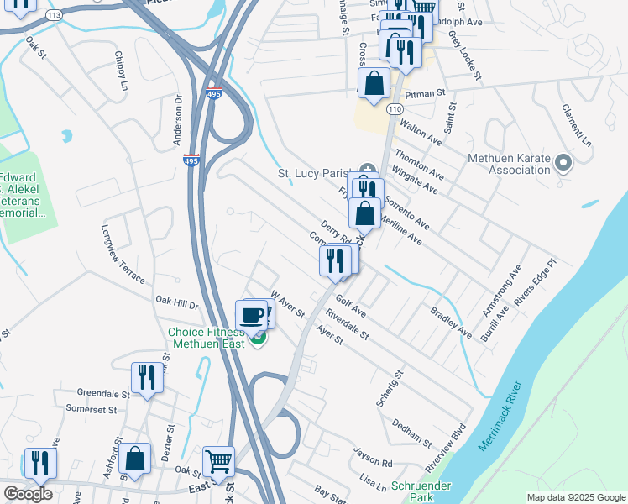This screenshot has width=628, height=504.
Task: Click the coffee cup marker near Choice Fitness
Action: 251,316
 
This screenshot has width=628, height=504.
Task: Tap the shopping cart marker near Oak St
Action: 218,460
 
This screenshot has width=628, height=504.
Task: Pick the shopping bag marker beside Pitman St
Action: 374,84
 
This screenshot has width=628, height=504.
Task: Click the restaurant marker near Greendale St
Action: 147,377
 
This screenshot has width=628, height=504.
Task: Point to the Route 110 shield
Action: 395,108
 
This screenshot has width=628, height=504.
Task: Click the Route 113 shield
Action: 54,15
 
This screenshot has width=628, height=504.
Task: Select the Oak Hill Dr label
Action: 176,301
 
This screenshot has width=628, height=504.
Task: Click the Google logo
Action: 27,494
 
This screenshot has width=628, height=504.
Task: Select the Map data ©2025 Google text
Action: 576,497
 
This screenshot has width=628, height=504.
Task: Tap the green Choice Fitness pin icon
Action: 258,339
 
